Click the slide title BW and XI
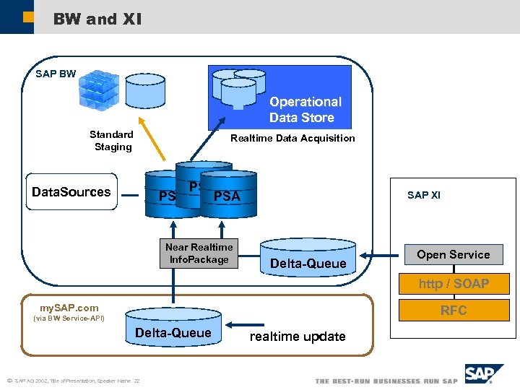(97, 19)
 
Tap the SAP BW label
(56, 74)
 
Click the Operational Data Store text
(304, 110)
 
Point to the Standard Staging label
(112, 141)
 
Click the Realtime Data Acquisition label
(292, 138)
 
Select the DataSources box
(71, 192)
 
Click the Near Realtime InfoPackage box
(199, 253)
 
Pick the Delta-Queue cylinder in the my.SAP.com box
(173, 328)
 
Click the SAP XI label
(424, 195)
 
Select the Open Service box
(453, 254)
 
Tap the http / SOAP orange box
(454, 284)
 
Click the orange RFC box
(454, 311)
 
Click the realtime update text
(298, 337)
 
